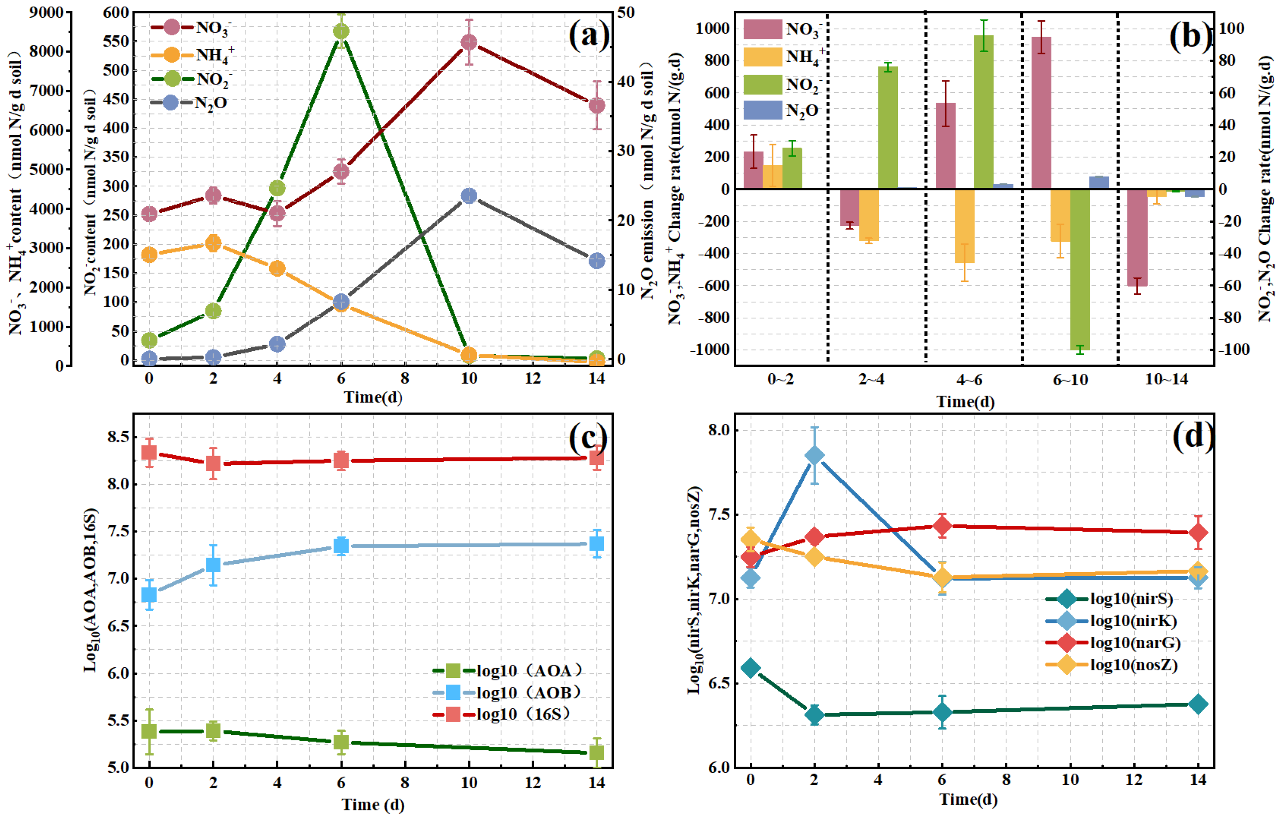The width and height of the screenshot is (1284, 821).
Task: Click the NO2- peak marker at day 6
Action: coord(341,31)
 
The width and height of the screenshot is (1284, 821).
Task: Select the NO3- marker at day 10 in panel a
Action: coord(469,42)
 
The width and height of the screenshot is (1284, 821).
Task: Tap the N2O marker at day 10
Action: coord(469,196)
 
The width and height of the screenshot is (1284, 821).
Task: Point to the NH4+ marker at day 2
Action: coord(213,243)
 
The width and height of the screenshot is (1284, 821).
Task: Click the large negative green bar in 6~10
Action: coord(1080,269)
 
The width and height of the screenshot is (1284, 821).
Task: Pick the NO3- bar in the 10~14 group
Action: coord(1137,237)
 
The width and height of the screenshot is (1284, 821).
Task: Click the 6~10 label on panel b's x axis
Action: coord(1070,380)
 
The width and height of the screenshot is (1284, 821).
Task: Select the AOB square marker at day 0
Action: coord(149,594)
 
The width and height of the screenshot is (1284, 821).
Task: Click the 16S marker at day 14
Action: coord(596,458)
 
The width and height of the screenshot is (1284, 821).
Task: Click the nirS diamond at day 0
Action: coord(751,668)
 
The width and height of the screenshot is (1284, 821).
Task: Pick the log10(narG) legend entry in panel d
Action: coord(1113,642)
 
